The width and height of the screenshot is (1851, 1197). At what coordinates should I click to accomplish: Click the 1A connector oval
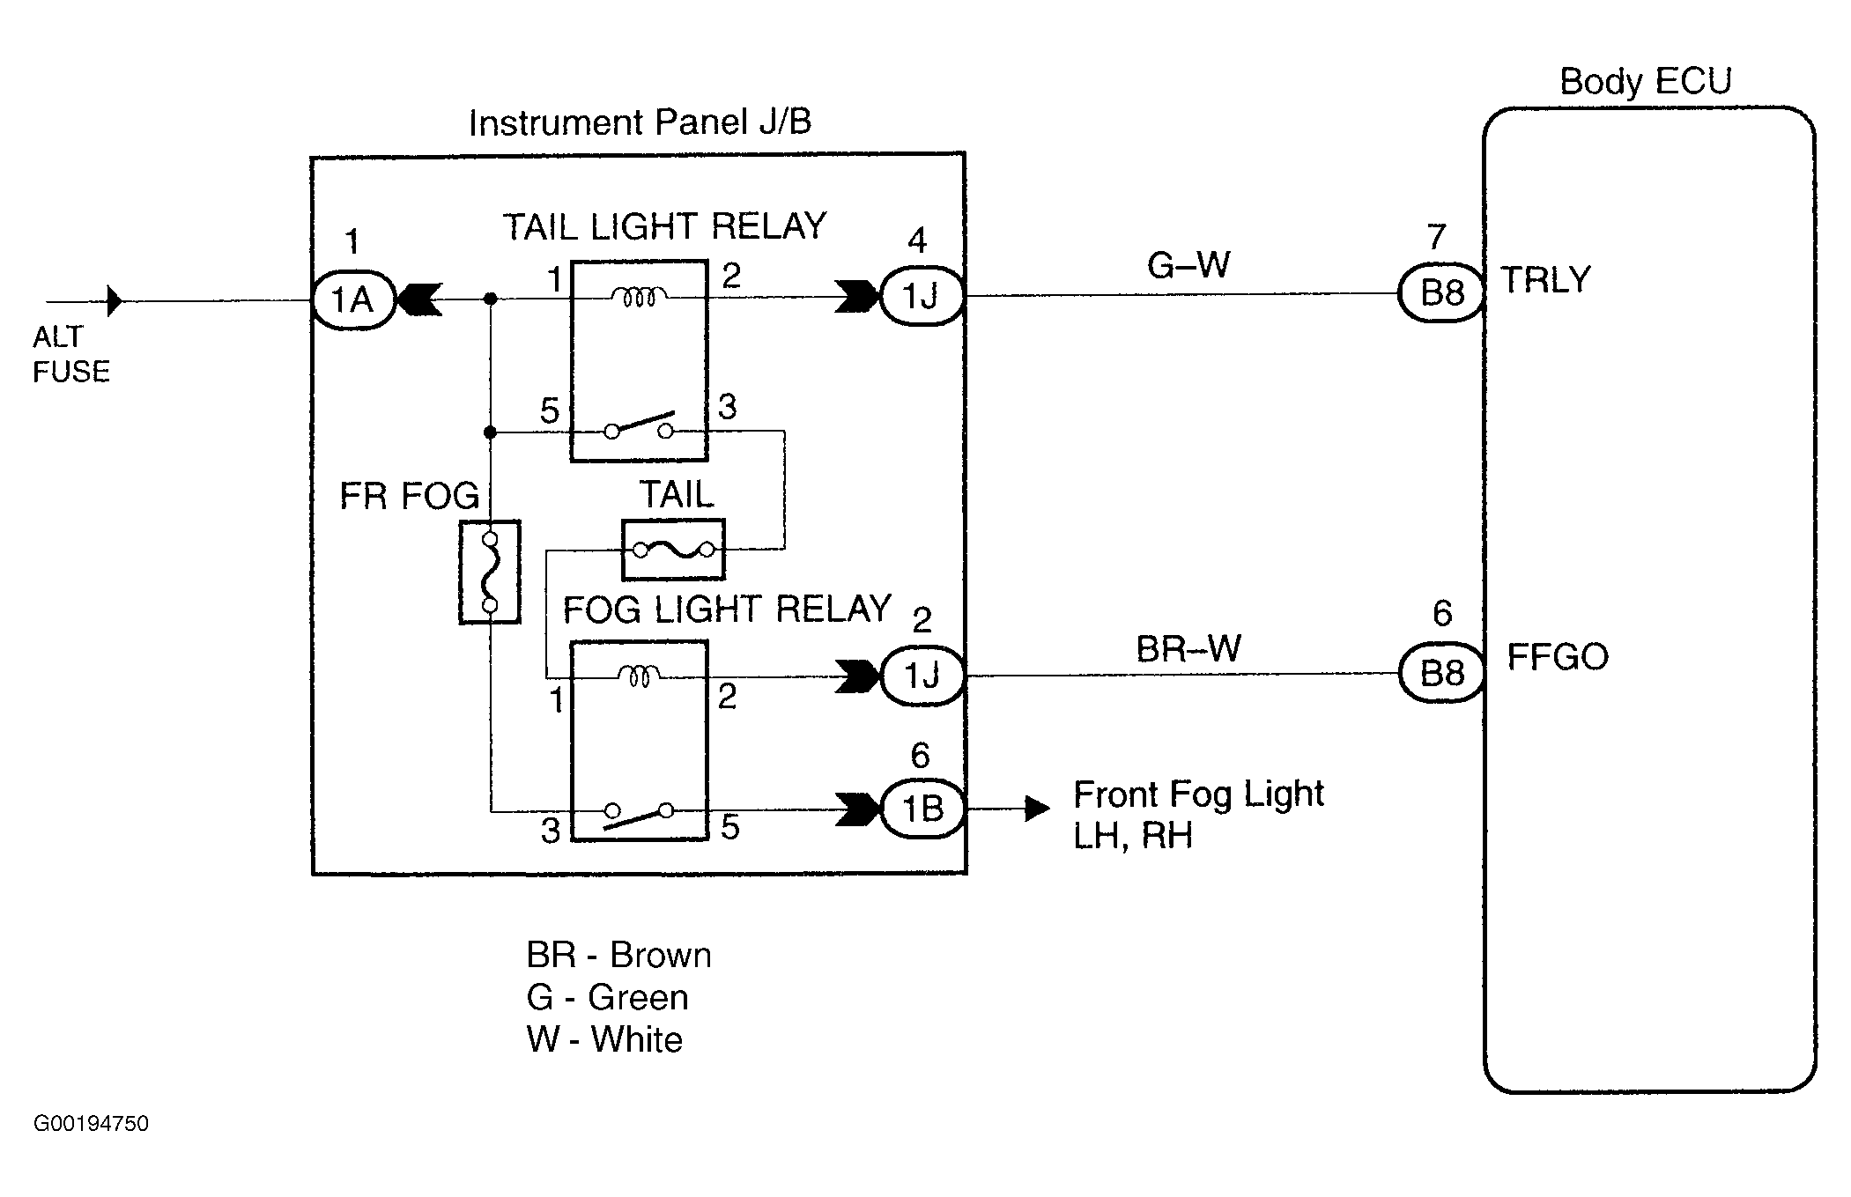[353, 300]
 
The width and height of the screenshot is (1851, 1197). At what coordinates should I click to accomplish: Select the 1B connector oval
[922, 809]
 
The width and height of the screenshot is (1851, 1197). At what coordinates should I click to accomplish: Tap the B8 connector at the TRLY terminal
[1441, 292]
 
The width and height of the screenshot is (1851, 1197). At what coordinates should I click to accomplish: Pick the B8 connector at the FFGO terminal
[1442, 674]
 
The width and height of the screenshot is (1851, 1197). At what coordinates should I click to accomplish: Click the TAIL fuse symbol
[673, 550]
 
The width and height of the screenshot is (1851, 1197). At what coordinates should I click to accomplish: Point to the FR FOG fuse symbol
[490, 573]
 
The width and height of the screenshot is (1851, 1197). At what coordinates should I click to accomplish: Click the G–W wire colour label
[1188, 264]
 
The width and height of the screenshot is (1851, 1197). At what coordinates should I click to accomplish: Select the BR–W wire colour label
[1188, 649]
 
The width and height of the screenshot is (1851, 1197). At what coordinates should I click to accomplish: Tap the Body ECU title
[1645, 81]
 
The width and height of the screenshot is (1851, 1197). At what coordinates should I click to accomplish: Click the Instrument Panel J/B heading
[640, 122]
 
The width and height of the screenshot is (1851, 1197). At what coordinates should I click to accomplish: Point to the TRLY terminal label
[1545, 280]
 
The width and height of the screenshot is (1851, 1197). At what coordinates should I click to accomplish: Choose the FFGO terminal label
[1558, 657]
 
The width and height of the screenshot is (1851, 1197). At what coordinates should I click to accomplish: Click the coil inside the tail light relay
[639, 298]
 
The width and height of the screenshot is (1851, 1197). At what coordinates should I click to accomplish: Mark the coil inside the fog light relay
[640, 676]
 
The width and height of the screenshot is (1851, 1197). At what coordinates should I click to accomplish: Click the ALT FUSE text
[70, 354]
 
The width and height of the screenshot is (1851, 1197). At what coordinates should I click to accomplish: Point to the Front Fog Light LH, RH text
[1197, 814]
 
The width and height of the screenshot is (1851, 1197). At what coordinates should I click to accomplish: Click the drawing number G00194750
[91, 1124]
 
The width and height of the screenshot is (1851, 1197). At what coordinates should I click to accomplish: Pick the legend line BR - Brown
[618, 956]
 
